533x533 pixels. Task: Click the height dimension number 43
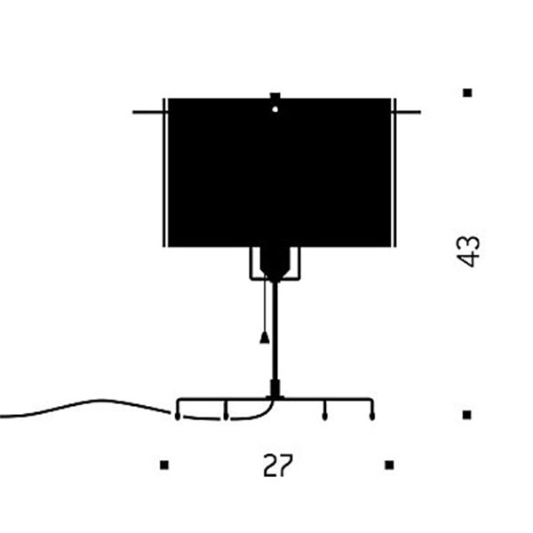point(468,251)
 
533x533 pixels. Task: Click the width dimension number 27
point(278,465)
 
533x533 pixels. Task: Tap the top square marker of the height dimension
point(468,92)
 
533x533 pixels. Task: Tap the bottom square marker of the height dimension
point(467,415)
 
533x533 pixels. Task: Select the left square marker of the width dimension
point(164,465)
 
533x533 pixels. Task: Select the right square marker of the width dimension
point(389,465)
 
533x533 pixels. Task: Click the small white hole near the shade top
point(275,109)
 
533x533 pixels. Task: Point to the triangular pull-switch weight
point(265,338)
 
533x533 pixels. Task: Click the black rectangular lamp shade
point(280,172)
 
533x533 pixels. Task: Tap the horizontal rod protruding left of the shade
point(148,112)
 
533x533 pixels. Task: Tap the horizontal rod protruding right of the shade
point(409,112)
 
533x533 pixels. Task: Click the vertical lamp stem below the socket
point(275,331)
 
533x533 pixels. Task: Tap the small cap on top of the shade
point(275,96)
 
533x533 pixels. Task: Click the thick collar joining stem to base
point(275,388)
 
